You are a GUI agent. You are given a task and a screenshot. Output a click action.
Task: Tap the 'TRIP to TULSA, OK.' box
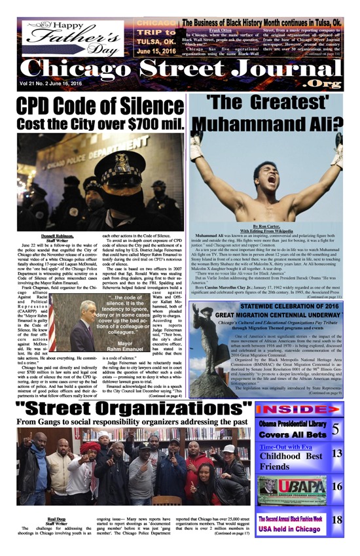pos(156,38)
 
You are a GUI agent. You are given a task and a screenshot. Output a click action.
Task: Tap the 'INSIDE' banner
pos(298,409)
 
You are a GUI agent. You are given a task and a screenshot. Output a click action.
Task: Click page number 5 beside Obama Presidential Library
pos(336,429)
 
